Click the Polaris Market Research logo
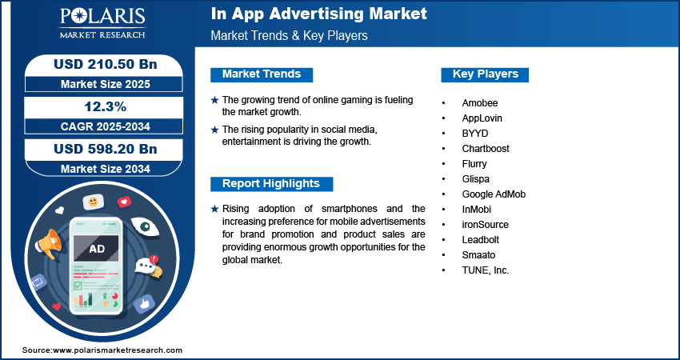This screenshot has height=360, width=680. tap(102, 22)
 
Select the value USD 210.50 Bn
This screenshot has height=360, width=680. tap(105, 64)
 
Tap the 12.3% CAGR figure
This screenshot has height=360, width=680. tap(105, 106)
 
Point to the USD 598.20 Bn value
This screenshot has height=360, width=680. tap(105, 149)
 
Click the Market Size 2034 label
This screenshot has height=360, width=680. tap(105, 169)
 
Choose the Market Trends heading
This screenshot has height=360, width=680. tap(262, 74)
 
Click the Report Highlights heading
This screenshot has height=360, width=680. tap(271, 183)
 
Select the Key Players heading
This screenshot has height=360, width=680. tap(485, 74)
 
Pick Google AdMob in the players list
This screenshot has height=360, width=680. tap(494, 194)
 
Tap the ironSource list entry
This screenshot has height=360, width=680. tap(485, 225)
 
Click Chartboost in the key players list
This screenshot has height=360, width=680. tap(486, 148)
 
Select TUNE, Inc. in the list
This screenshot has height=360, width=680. tap(486, 270)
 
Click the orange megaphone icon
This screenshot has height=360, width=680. tap(48, 243)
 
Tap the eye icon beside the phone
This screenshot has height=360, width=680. tap(146, 226)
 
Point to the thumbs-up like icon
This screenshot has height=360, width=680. tap(145, 304)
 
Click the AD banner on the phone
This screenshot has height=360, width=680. tap(96, 249)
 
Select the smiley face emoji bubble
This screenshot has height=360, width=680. tap(94, 202)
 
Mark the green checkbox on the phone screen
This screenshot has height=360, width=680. tap(78, 286)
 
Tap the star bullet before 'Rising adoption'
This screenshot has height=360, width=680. tap(214, 209)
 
